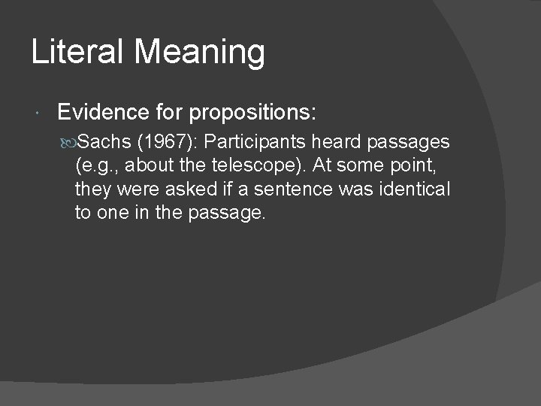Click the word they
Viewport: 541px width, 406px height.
[x=91, y=189]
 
